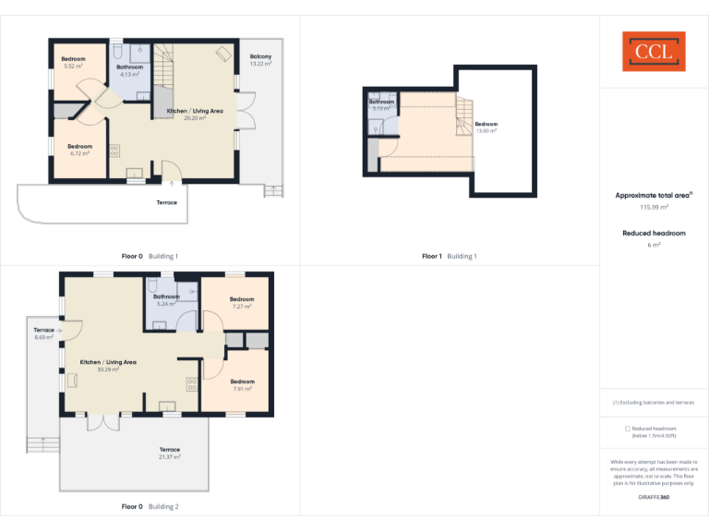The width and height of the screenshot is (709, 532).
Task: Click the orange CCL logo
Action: [654, 52]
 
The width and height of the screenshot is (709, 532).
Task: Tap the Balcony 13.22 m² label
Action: [260, 60]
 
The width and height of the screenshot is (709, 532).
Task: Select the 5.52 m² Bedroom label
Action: [74, 62]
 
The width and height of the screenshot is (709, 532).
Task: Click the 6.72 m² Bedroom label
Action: [79, 150]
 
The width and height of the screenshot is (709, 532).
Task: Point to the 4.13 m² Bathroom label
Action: [129, 70]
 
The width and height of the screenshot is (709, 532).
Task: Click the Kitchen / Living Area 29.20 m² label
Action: [194, 115]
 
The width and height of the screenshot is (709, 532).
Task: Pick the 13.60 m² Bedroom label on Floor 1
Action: [486, 127]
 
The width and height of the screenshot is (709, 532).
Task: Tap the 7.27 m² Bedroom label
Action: [242, 302]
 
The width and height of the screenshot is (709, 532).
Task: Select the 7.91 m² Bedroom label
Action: [242, 385]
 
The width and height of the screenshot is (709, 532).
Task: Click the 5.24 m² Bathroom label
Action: [166, 300]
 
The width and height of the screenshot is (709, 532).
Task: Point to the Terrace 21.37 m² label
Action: [169, 453]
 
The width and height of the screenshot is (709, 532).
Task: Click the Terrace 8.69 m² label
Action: [44, 333]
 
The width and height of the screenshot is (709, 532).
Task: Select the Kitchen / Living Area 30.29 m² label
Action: [108, 366]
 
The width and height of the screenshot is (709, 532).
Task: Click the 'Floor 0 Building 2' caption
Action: [150, 506]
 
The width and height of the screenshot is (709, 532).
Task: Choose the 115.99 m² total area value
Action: [654, 208]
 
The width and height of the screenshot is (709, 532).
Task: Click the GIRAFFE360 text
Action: [654, 497]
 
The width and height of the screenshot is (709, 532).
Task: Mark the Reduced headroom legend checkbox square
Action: [628, 429]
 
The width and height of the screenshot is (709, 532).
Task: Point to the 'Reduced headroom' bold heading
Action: [654, 234]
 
